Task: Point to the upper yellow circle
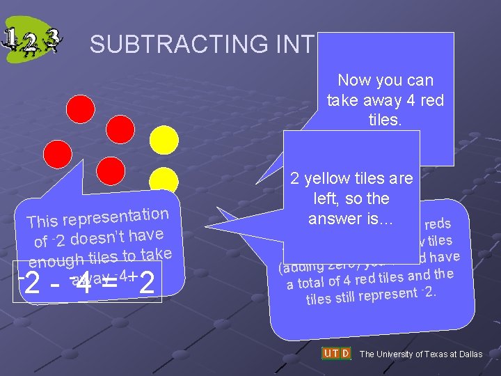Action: pyautogui.click(x=165, y=140)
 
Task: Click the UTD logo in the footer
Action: pyautogui.click(x=336, y=354)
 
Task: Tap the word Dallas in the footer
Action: pyautogui.click(x=468, y=354)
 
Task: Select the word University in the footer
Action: pyautogui.click(x=397, y=354)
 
